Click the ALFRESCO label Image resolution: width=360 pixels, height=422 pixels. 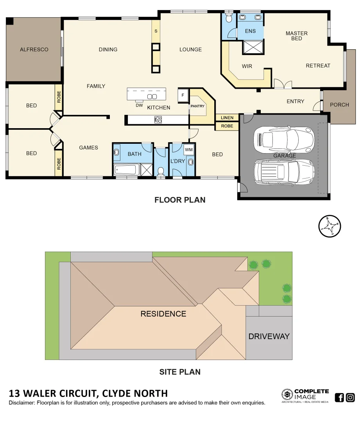(34, 50)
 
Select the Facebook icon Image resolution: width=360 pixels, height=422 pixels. (340, 398)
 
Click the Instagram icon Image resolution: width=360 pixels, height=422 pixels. (350, 398)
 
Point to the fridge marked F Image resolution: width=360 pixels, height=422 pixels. (183, 95)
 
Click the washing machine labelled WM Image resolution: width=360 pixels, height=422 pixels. (189, 150)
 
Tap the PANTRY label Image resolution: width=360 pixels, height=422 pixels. (198, 106)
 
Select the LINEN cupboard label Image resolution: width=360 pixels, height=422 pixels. (227, 118)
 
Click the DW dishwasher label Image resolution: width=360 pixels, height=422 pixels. (139, 105)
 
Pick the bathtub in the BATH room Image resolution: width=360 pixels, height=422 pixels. (126, 170)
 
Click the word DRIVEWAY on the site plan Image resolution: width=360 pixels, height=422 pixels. (269, 336)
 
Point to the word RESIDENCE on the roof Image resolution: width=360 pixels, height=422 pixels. (163, 314)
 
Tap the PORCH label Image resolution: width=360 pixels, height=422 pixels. (339, 105)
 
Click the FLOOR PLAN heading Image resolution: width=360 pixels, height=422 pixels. (180, 200)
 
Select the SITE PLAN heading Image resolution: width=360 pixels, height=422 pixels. (180, 372)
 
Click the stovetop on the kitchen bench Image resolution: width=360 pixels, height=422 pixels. (158, 120)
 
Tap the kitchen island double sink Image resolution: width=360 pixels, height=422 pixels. (152, 97)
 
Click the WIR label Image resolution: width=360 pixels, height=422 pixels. (247, 66)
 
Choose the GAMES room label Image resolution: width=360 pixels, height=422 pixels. (88, 148)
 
